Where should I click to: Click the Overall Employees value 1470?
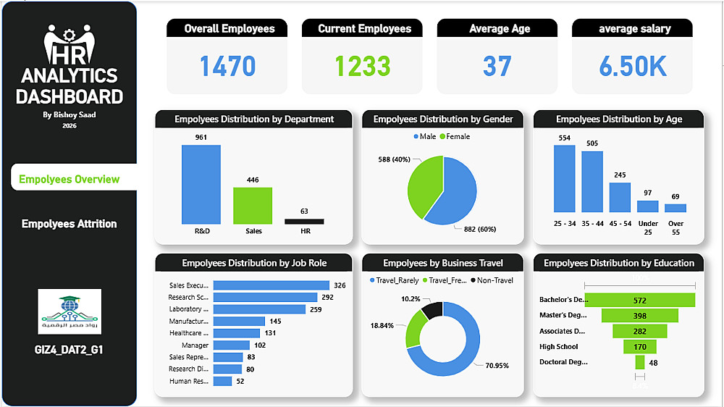(x=227, y=67)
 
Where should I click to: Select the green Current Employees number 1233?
(x=363, y=67)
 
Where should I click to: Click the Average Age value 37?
(x=497, y=67)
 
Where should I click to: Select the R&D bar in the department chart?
(x=201, y=185)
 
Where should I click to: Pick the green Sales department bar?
(x=253, y=206)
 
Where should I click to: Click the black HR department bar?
(x=304, y=222)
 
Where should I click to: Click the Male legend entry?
(x=425, y=136)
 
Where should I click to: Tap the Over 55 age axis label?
(x=675, y=228)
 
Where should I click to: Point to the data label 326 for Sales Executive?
(x=340, y=285)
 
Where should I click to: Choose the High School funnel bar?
(x=640, y=347)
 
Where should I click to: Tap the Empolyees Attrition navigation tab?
(x=69, y=224)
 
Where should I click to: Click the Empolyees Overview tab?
(x=70, y=179)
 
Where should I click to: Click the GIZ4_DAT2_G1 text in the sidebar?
(x=69, y=350)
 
